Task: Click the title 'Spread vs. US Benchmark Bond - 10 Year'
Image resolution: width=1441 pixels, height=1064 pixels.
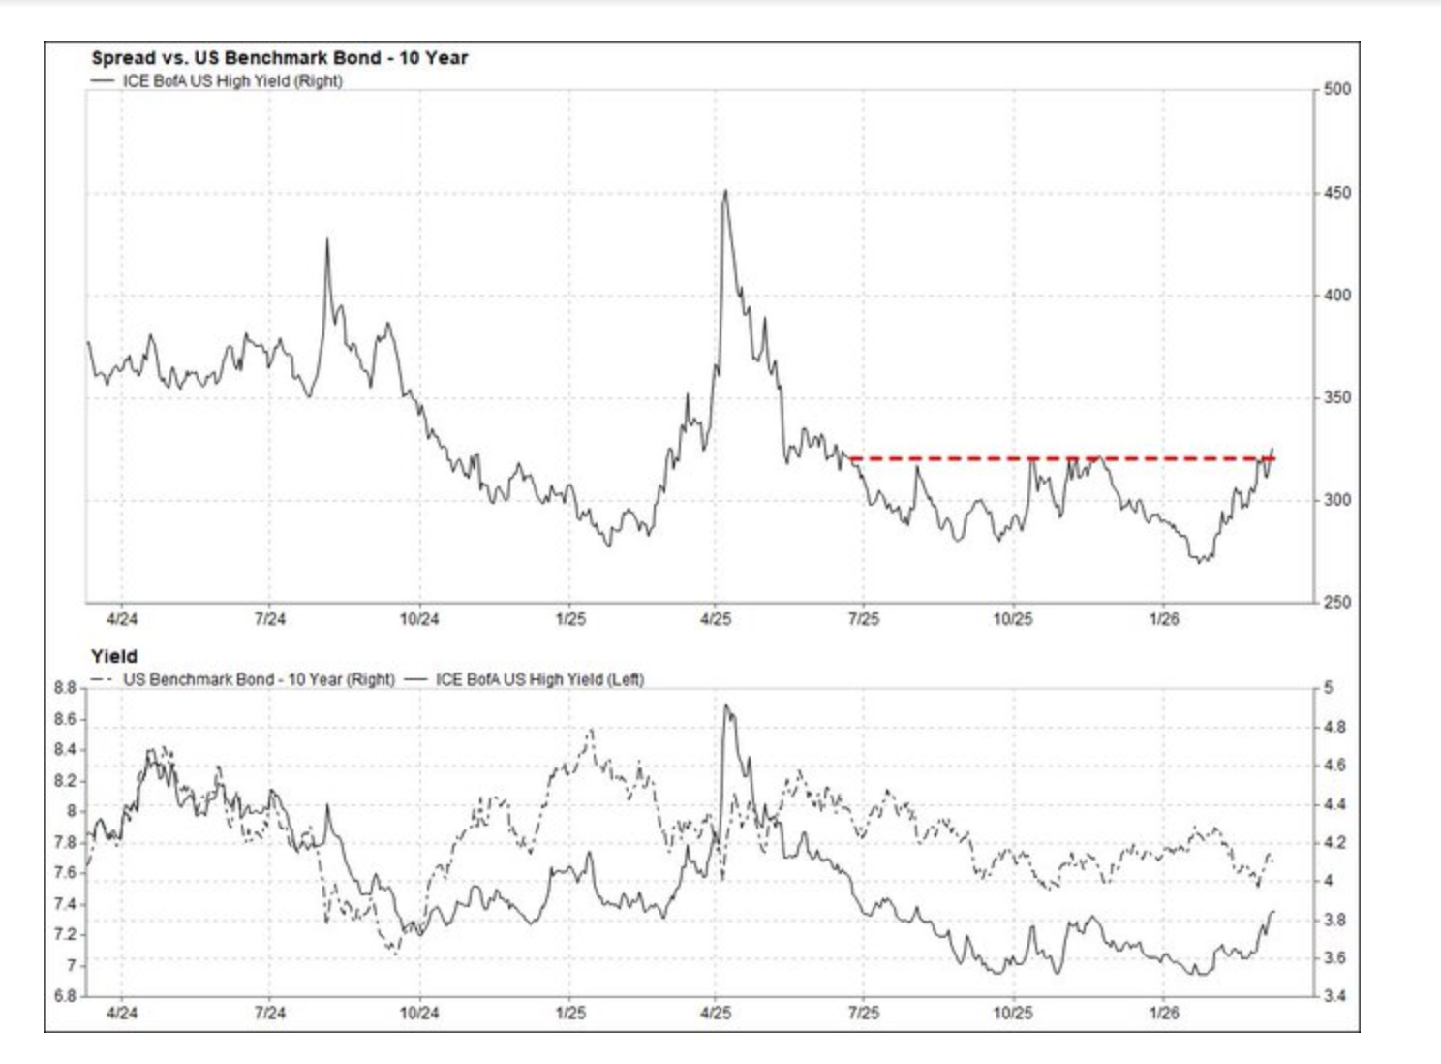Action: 279,58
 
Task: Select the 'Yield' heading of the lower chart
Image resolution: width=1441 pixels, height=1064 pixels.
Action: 114,656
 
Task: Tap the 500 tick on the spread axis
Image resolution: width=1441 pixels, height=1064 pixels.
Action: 1336,89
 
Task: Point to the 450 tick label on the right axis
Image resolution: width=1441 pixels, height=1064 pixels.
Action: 1336,193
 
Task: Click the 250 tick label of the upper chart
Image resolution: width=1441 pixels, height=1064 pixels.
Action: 1336,602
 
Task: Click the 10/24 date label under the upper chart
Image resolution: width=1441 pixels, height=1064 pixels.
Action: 419,619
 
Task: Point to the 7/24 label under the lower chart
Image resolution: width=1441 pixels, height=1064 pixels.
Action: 269,1014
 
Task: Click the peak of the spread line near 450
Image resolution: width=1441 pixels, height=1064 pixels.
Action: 725,191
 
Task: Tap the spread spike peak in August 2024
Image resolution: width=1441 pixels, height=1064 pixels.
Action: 327,239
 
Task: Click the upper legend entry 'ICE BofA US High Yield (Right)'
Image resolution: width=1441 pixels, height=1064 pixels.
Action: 231,81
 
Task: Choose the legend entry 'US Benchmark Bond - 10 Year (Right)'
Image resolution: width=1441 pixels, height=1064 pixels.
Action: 258,679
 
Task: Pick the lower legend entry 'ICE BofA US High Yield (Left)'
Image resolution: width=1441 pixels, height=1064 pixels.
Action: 538,679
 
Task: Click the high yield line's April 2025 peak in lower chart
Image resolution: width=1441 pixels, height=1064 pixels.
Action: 726,705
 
